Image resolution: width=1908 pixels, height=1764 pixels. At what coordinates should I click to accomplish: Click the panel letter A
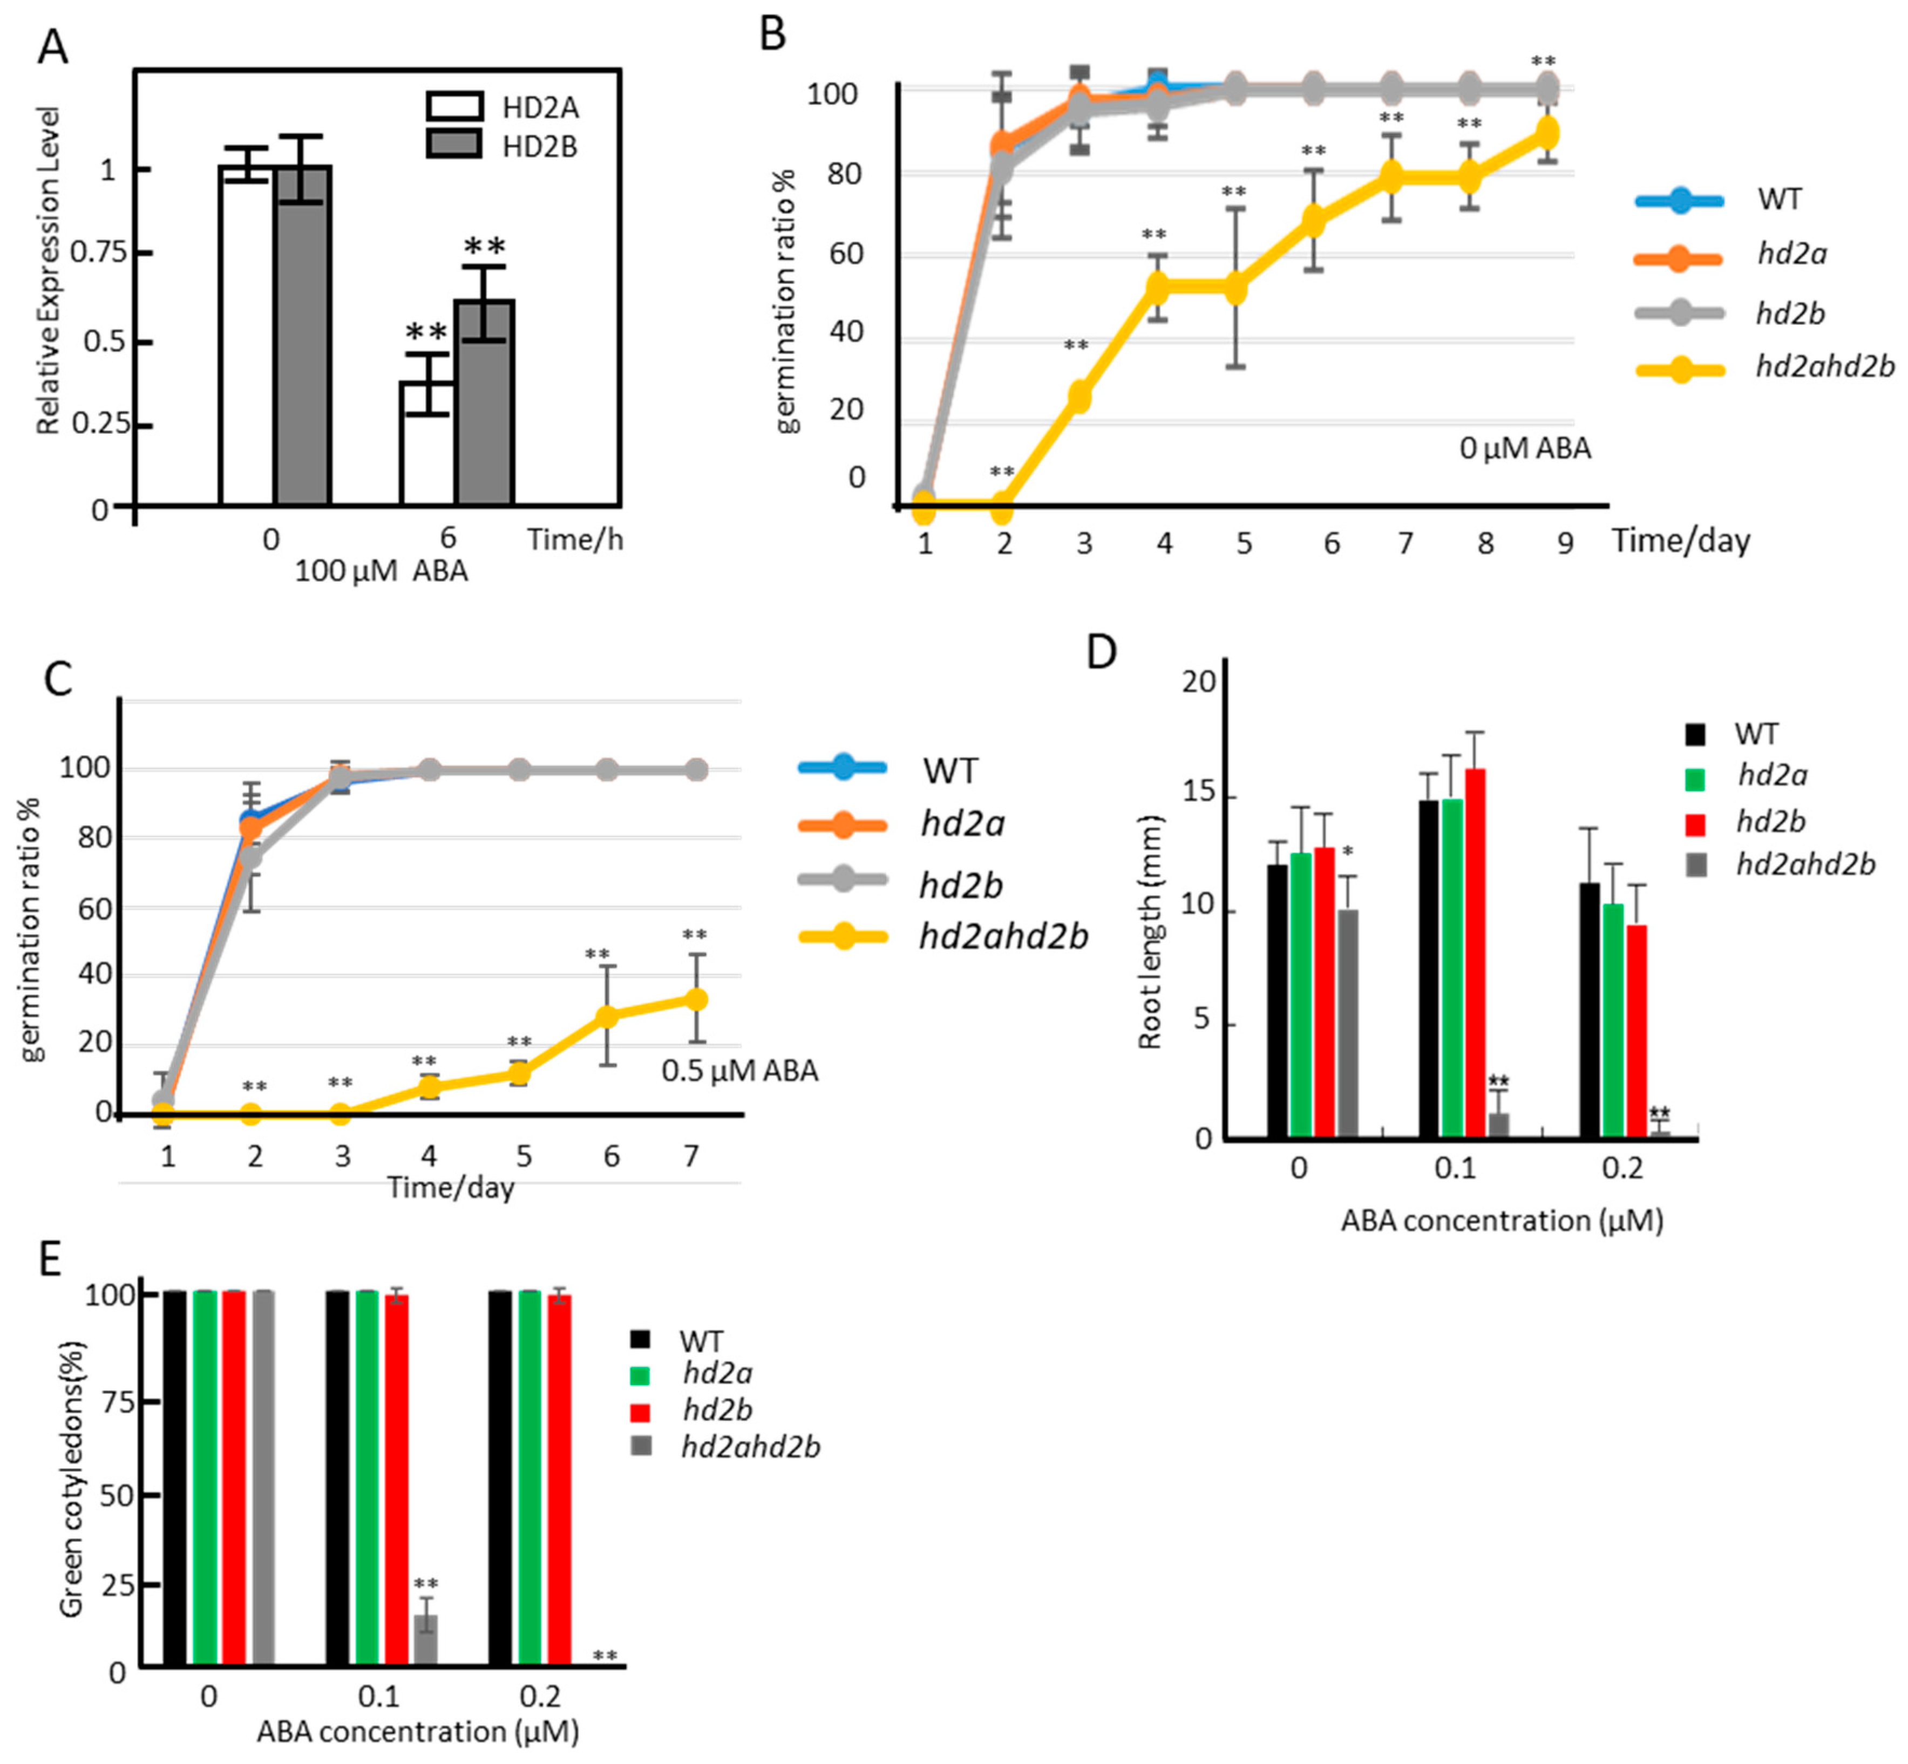(52, 45)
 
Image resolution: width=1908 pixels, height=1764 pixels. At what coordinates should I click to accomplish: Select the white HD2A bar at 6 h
(426, 444)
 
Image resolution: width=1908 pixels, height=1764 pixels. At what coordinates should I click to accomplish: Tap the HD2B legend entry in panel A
(501, 147)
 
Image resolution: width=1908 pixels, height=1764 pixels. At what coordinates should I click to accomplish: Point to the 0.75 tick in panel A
(98, 252)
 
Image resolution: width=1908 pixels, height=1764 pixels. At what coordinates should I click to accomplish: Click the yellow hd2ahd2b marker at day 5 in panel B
(1235, 288)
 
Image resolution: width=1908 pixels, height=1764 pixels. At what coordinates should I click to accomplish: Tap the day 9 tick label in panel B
(1564, 543)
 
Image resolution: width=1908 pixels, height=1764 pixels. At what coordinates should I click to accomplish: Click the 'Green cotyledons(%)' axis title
(72, 1479)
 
